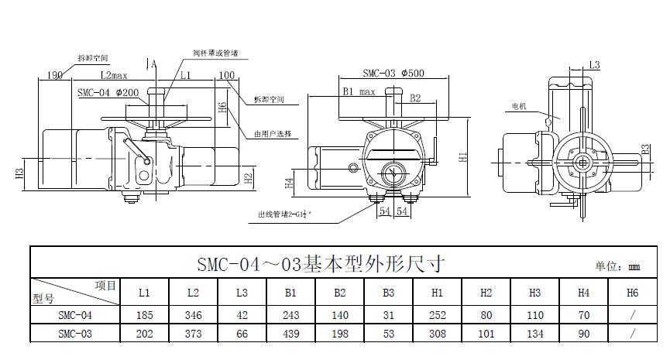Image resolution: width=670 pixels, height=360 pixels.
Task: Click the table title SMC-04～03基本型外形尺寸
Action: click(321, 263)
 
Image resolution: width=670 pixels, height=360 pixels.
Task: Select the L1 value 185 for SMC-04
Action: click(144, 315)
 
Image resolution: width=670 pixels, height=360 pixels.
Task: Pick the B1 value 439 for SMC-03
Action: click(290, 334)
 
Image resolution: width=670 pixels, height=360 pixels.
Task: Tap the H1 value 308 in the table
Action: click(437, 334)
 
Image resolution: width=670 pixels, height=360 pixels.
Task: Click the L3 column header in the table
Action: click(242, 293)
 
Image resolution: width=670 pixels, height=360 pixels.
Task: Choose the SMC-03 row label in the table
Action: click(74, 334)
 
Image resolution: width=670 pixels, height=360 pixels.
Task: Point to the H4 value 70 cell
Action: click(584, 315)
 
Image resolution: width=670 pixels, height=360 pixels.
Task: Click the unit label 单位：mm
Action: click(617, 266)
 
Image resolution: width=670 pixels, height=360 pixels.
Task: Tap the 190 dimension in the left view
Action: click(54, 75)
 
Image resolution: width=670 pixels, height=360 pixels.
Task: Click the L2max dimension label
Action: click(113, 76)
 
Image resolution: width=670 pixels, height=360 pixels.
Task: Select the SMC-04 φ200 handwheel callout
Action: click(108, 92)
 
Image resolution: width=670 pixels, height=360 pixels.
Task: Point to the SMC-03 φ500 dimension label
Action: click(394, 74)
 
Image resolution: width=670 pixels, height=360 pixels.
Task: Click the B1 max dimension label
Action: click(359, 91)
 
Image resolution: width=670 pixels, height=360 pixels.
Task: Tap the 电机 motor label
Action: click(519, 106)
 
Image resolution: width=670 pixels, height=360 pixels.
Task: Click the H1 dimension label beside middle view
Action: click(462, 156)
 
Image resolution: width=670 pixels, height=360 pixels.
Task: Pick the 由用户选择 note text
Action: click(273, 134)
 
